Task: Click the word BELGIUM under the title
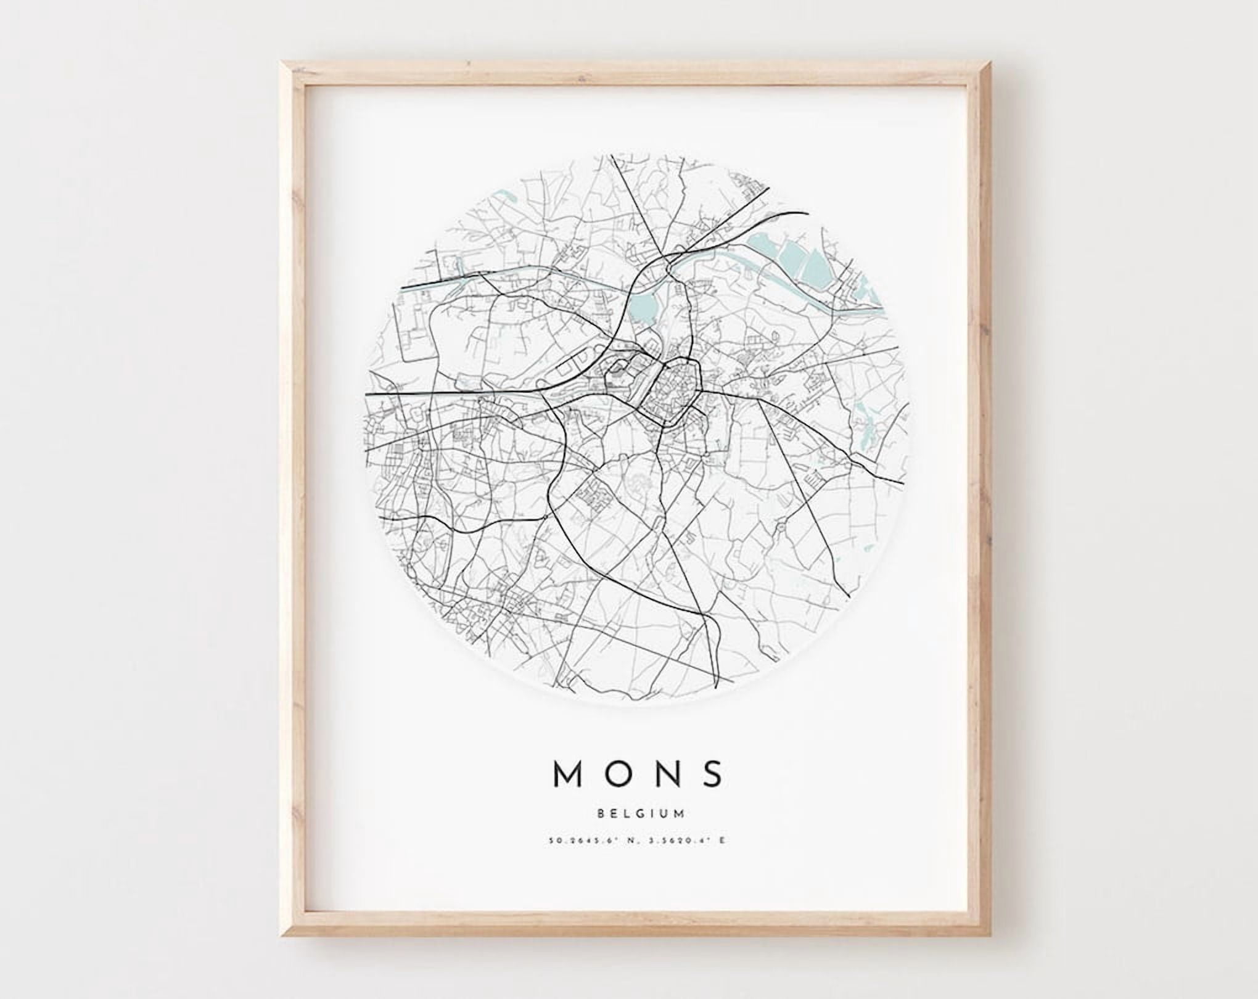click(641, 813)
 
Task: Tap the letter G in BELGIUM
click(643, 813)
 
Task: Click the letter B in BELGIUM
click(601, 813)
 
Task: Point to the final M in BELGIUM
click(680, 813)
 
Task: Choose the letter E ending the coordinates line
click(721, 840)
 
